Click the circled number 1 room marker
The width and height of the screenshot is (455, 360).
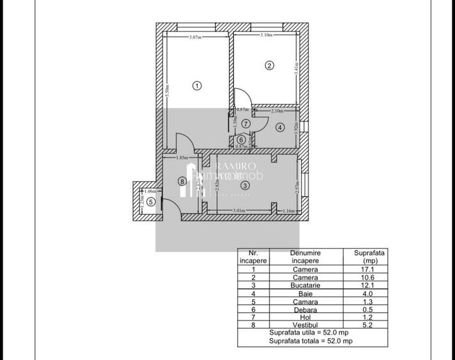pyautogui.click(x=197, y=85)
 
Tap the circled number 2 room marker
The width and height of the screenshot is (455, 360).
pyautogui.click(x=269, y=65)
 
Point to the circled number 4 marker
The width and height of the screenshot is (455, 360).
pyautogui.click(x=280, y=127)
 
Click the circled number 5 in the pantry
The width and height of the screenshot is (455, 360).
pyautogui.click(x=150, y=202)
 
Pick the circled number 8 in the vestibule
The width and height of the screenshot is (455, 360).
pyautogui.click(x=182, y=181)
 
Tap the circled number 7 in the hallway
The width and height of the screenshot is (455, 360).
pyautogui.click(x=245, y=123)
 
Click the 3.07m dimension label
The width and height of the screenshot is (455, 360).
pyautogui.click(x=196, y=37)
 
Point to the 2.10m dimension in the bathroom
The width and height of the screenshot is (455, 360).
pyautogui.click(x=277, y=111)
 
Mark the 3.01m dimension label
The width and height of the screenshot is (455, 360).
pyautogui.click(x=238, y=210)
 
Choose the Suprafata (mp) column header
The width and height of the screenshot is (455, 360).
pyautogui.click(x=369, y=257)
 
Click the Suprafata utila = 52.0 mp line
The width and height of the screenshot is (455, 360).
pyautogui.click(x=299, y=333)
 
